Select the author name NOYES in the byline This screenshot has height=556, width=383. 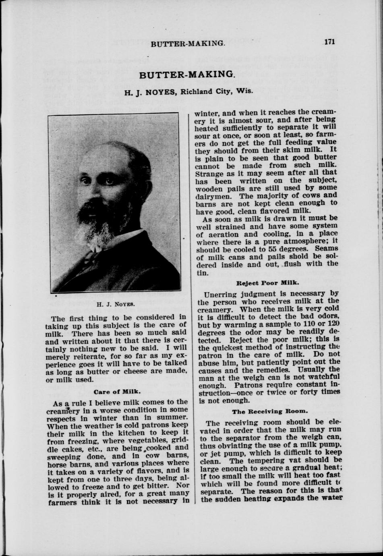click(x=160, y=92)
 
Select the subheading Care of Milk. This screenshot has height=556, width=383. click(x=117, y=391)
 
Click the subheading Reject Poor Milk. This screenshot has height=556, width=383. click(x=268, y=283)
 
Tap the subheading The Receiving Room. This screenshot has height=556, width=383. click(x=270, y=412)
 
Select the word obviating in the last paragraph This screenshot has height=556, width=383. click(x=222, y=446)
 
